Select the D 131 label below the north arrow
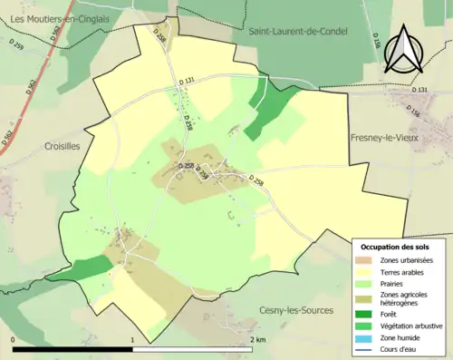(x=419, y=90)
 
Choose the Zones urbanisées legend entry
(x=407, y=260)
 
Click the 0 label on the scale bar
(x=14, y=339)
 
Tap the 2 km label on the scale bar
(x=257, y=339)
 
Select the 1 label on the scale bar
(x=133, y=339)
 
